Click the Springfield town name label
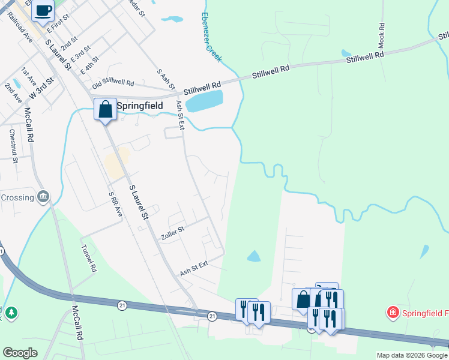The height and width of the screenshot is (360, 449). click(140, 105)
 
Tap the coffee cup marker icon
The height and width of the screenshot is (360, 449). click(43, 10)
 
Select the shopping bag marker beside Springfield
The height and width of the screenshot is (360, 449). click(105, 110)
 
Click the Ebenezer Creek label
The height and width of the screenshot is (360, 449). click(212, 37)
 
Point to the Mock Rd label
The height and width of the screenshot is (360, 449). click(381, 37)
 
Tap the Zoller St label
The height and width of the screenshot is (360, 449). click(172, 234)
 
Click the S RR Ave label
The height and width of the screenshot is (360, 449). click(115, 205)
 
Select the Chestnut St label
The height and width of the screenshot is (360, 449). click(13, 143)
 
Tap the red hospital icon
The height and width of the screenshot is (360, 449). click(393, 312)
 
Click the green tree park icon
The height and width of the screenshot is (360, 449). click(11, 313)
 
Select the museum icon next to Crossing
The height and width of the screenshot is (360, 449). click(43, 196)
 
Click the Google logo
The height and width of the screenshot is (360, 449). click(20, 353)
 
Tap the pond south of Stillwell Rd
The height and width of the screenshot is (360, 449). click(204, 101)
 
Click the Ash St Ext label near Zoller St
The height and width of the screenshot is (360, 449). click(193, 269)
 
